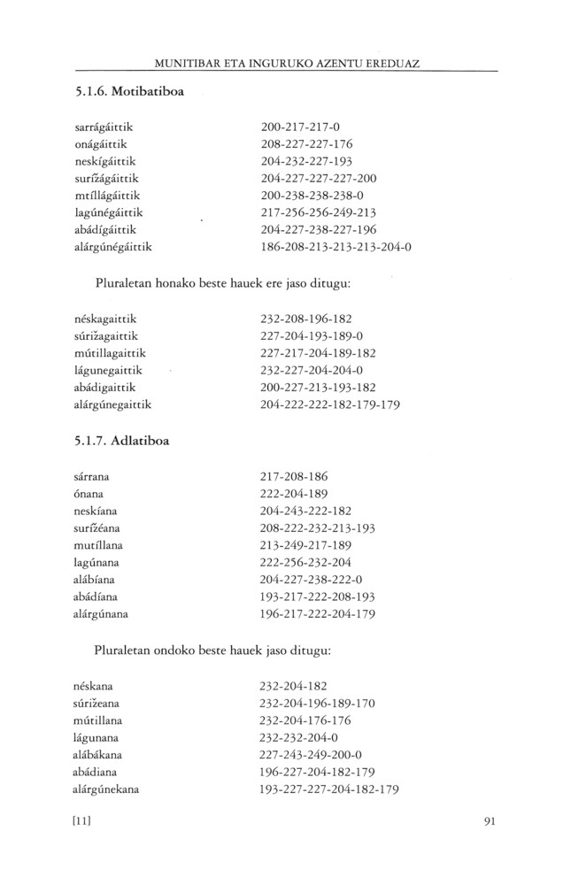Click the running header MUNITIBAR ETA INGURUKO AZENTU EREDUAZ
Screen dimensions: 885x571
[286, 65]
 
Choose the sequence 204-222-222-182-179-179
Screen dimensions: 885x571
[331, 404]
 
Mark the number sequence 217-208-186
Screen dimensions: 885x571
[295, 476]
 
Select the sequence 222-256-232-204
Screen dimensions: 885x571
[307, 561]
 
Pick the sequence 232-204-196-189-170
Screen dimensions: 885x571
[319, 704]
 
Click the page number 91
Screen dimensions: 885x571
[491, 820]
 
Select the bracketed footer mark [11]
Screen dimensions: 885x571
[82, 820]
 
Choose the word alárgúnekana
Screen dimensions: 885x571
[108, 789]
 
